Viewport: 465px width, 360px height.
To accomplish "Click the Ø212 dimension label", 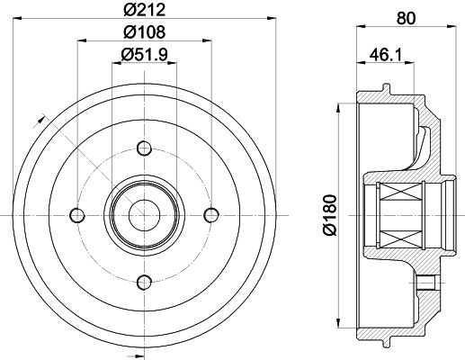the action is pyautogui.click(x=144, y=9).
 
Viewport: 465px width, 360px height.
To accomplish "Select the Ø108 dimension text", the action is pyautogui.click(x=144, y=31).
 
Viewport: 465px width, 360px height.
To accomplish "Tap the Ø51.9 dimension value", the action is pyautogui.click(x=144, y=55).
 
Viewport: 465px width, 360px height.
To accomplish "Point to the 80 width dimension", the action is pyautogui.click(x=407, y=18).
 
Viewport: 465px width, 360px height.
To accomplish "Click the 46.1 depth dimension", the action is pyautogui.click(x=386, y=55).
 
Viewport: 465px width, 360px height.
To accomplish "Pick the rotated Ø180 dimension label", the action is pyautogui.click(x=330, y=215).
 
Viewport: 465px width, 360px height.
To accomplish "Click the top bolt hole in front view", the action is pyautogui.click(x=144, y=148).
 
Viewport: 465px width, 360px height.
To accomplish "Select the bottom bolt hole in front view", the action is pyautogui.click(x=144, y=283).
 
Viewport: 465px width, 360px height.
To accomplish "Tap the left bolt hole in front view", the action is pyautogui.click(x=77, y=215).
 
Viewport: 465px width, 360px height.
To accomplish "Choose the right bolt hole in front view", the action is pyautogui.click(x=211, y=215).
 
